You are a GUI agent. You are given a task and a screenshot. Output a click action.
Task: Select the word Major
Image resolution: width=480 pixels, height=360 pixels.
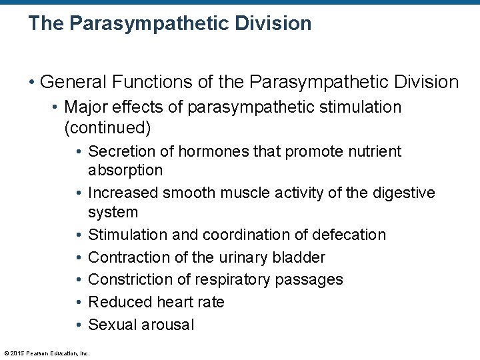click(86, 107)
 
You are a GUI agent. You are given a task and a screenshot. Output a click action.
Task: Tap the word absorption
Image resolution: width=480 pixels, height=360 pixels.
click(125, 170)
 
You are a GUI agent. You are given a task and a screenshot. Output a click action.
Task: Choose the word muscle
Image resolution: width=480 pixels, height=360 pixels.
click(253, 193)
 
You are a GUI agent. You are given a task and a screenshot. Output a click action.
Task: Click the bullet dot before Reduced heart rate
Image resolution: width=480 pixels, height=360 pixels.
click(79, 302)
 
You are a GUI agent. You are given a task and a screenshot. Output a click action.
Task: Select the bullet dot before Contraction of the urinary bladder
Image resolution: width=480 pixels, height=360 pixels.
click(79, 257)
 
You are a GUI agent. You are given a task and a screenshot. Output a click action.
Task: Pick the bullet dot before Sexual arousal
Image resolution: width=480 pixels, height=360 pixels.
click(79, 325)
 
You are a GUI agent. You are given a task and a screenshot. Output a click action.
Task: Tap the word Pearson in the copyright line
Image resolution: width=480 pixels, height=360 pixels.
click(41, 353)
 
